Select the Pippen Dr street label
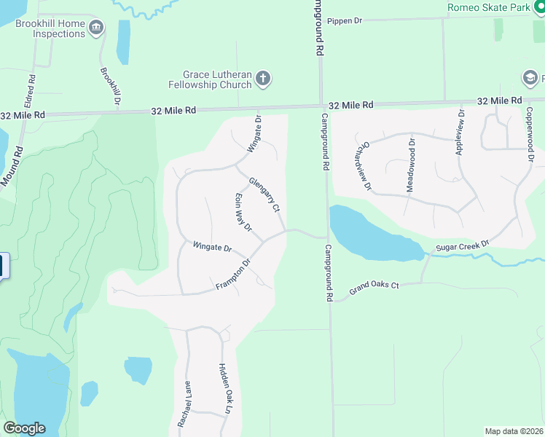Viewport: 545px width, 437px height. (344, 21)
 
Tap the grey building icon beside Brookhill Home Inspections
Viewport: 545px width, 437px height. (96, 29)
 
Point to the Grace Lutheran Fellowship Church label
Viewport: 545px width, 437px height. (217, 79)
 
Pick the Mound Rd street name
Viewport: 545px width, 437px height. (12, 166)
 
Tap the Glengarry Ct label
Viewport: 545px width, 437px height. (264, 194)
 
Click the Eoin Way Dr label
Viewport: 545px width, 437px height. (243, 213)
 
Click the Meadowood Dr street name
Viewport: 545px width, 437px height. (411, 168)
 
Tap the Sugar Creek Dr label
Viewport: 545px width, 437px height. (462, 247)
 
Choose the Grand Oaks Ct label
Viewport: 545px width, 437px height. (374, 288)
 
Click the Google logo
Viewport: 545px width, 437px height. (24, 428)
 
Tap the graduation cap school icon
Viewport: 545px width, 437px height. (529, 78)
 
